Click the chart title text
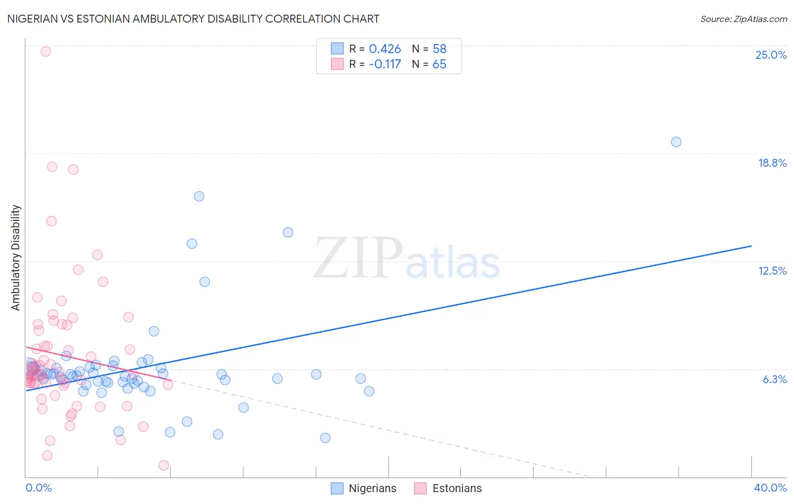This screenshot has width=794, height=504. pyautogui.click(x=193, y=19)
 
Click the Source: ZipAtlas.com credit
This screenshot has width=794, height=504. pyautogui.click(x=743, y=19)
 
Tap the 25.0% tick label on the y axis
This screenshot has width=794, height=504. pyautogui.click(x=771, y=55)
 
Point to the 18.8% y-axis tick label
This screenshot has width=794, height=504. pyautogui.click(x=772, y=163)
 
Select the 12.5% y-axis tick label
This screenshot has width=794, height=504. pyautogui.click(x=772, y=271)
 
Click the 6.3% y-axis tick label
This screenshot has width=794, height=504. pyautogui.click(x=774, y=379)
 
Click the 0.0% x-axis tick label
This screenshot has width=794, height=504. pyautogui.click(x=38, y=488)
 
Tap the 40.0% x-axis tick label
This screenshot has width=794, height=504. pyautogui.click(x=770, y=488)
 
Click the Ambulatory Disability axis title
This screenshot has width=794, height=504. pyautogui.click(x=16, y=258)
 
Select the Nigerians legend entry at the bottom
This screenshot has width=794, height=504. pyautogui.click(x=372, y=488)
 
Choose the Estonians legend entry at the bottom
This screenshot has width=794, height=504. pyautogui.click(x=457, y=488)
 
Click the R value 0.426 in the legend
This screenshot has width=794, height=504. pyautogui.click(x=385, y=49)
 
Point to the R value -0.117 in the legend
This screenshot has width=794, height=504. pyautogui.click(x=385, y=64)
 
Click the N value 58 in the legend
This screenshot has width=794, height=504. pyautogui.click(x=439, y=49)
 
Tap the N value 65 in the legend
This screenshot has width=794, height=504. pyautogui.click(x=439, y=64)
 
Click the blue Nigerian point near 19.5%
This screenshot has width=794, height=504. pyautogui.click(x=676, y=142)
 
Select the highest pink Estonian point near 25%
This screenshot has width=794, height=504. pyautogui.click(x=46, y=51)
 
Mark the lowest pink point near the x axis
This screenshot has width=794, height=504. pyautogui.click(x=164, y=466)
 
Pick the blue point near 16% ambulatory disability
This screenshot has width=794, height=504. pyautogui.click(x=199, y=197)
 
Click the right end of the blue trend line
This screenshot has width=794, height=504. pyautogui.click(x=751, y=246)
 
